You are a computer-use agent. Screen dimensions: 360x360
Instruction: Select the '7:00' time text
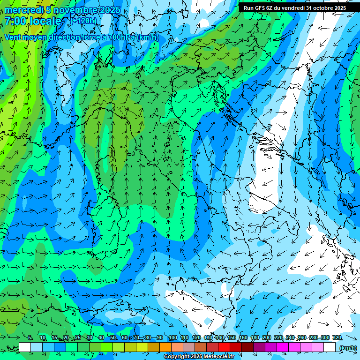(15, 22)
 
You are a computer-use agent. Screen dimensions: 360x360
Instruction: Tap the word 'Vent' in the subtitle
(14, 37)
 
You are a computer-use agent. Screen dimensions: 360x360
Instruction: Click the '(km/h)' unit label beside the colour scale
(348, 347)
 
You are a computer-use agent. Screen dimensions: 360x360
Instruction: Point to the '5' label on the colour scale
(30, 338)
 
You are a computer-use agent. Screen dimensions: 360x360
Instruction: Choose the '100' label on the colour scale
(172, 338)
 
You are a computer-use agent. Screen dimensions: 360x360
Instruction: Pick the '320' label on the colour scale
(337, 338)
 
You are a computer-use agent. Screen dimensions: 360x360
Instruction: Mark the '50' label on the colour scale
(113, 338)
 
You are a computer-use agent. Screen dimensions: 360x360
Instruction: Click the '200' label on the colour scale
(266, 338)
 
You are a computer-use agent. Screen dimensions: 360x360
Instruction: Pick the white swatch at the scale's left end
(25, 347)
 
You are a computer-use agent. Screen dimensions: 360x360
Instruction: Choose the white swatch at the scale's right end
(330, 347)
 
